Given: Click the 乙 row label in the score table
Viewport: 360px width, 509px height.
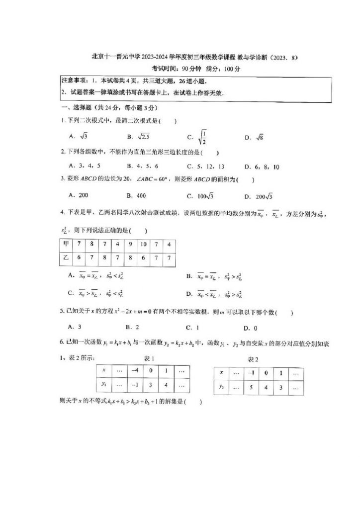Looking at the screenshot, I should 66,257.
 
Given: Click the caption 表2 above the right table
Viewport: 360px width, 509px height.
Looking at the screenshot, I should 253,359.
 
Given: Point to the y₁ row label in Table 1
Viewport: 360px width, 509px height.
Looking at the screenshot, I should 104,384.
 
